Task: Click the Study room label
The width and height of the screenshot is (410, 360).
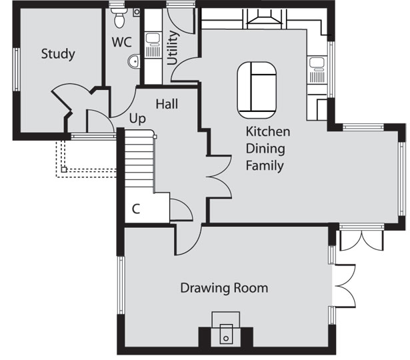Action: [58, 55]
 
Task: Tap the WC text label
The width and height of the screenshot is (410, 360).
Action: [121, 42]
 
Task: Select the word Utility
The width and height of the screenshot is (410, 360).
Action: [173, 48]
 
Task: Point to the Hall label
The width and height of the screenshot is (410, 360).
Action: [167, 104]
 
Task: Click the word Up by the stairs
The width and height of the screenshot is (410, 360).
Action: [137, 119]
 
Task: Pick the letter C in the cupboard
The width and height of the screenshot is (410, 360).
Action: [136, 209]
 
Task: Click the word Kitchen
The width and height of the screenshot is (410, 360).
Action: [268, 131]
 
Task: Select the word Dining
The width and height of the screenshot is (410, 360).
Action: [265, 149]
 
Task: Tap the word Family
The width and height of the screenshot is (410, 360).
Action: [265, 166]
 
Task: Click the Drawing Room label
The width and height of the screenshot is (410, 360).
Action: [225, 288]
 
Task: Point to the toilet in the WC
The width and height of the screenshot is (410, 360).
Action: [119, 17]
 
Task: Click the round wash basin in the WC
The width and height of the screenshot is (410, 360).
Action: [134, 62]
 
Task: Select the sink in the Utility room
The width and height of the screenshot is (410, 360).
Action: [153, 45]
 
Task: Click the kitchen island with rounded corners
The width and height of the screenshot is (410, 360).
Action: [257, 90]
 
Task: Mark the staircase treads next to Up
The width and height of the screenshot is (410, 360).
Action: [139, 159]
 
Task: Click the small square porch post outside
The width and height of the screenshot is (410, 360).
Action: [64, 169]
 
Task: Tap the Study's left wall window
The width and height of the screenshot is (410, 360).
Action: [17, 69]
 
